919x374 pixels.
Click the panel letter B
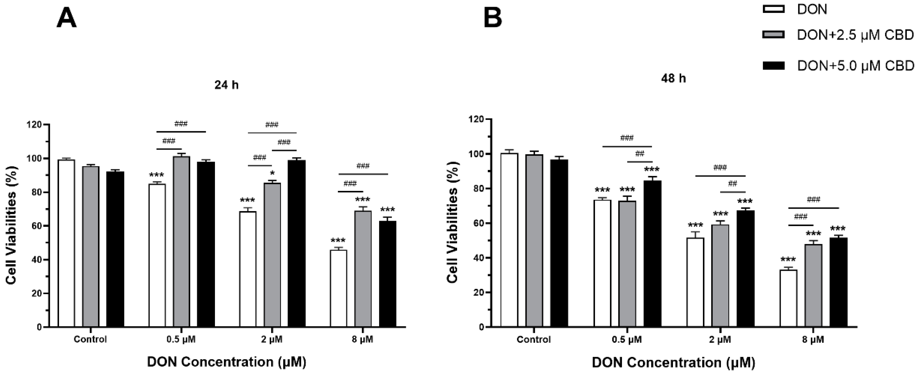[x=493, y=18]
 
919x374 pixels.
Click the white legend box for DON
[x=773, y=9]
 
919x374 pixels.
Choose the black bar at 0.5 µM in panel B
[x=653, y=253]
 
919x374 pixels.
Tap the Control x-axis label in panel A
[x=90, y=339]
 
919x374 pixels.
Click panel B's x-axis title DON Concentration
[x=673, y=363]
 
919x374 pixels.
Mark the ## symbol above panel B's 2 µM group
[x=732, y=184]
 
